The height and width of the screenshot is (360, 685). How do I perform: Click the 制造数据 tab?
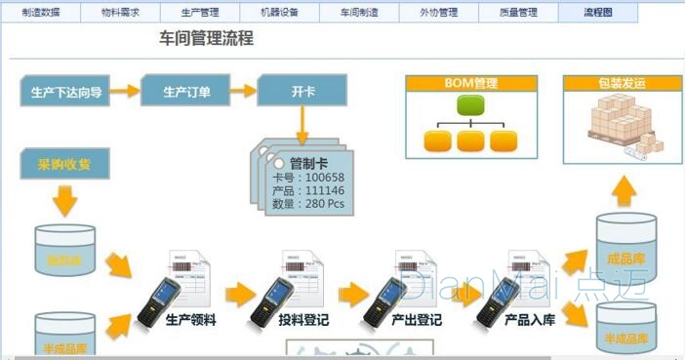40,13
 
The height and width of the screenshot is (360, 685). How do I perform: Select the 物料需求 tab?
120,13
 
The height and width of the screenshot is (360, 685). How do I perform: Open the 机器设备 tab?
279,13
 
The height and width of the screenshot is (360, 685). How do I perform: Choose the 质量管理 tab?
518,13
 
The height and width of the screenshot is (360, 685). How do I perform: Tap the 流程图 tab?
597,13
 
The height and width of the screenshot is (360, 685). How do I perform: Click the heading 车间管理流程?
206,39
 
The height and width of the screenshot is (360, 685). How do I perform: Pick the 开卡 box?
302,93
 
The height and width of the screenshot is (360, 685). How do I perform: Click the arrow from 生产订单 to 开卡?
245,93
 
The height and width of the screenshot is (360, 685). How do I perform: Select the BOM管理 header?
471,83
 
